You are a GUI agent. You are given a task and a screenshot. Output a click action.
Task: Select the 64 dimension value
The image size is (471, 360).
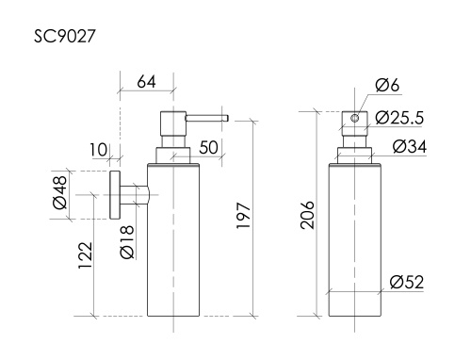pyautogui.click(x=146, y=81)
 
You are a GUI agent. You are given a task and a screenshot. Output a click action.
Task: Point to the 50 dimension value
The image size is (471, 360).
pyautogui.click(x=208, y=149)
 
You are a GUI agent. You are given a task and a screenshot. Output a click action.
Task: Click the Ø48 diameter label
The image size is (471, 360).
pyautogui.click(x=60, y=195)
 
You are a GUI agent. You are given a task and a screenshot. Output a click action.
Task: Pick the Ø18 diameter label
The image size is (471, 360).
pyautogui.click(x=127, y=242)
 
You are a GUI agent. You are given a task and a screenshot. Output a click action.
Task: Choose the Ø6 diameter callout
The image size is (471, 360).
pyautogui.click(x=389, y=87)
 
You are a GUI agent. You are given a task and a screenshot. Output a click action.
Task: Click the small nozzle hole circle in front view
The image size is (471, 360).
pyautogui.click(x=354, y=119)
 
